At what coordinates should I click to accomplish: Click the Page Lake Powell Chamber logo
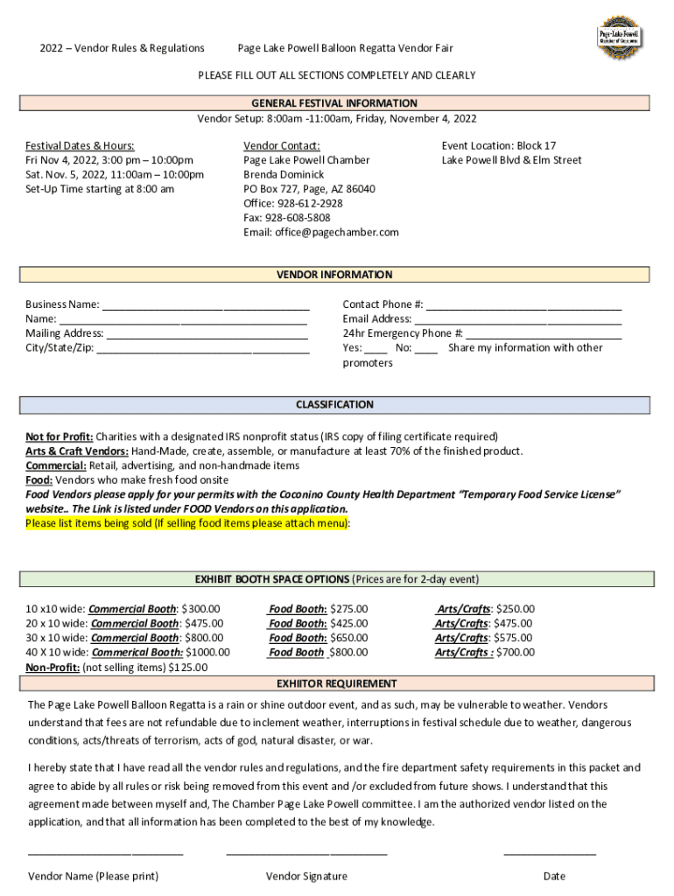619,38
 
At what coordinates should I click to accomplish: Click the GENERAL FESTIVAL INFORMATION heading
335,103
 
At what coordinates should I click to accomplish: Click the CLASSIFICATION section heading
335,405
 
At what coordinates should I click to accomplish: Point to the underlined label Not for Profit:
59,437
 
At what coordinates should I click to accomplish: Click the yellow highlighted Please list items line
188,523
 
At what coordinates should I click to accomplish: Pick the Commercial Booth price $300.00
200,609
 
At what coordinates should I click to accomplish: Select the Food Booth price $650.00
348,638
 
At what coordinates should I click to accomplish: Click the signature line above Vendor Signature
306,850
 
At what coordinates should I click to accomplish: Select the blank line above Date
550,850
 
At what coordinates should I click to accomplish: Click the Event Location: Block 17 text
498,145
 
